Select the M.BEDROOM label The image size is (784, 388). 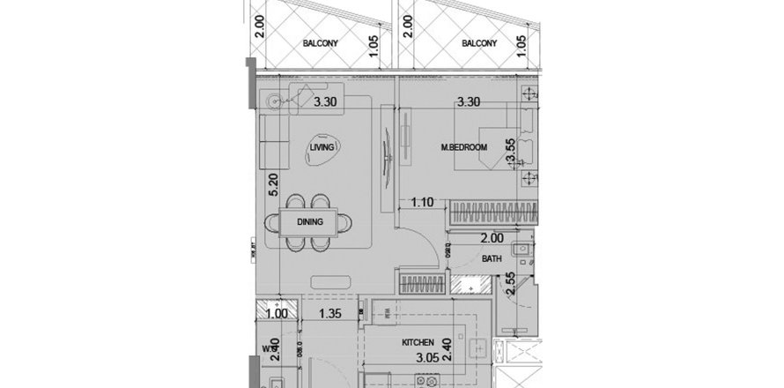464,148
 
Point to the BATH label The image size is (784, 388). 492,258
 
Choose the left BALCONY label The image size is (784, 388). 322,42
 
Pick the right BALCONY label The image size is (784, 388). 478,42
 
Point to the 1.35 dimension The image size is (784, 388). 329,313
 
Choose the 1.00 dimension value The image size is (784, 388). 276,313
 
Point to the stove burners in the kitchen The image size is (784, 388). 430,381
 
